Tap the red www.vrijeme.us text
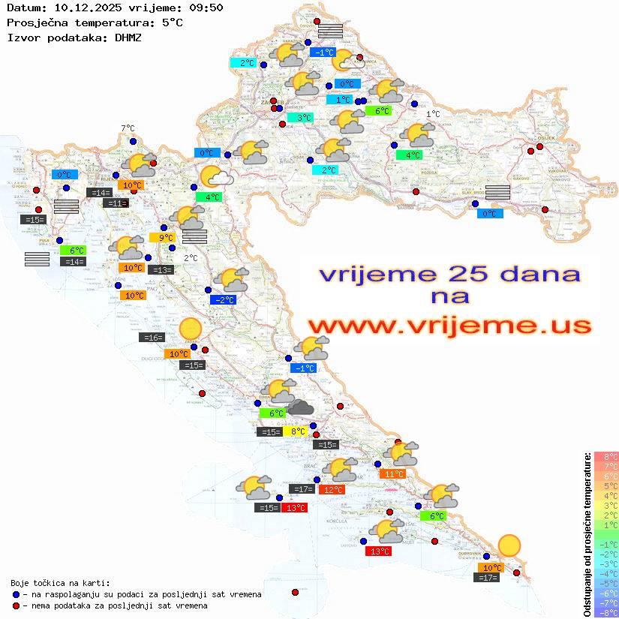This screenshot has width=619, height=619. [x=449, y=326]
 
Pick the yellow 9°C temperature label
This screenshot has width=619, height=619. [x=161, y=238]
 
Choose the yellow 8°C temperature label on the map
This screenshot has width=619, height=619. [x=296, y=431]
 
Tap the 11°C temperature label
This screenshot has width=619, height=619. [x=392, y=473]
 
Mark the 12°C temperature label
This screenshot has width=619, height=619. [x=332, y=490]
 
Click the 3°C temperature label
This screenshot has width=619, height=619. [x=300, y=118]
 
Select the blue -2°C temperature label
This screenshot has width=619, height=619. [x=223, y=300]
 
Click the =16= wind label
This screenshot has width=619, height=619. [x=151, y=338]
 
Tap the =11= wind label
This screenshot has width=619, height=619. [x=116, y=203]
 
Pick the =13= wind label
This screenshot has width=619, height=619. [x=161, y=269]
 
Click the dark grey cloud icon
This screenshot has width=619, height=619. [x=301, y=407]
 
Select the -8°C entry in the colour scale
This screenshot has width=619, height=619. [x=605, y=612]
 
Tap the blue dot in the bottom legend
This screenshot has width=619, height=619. [x=17, y=594]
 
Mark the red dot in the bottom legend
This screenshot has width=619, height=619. [x=17, y=605]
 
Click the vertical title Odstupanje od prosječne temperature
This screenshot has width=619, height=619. [x=587, y=534]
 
